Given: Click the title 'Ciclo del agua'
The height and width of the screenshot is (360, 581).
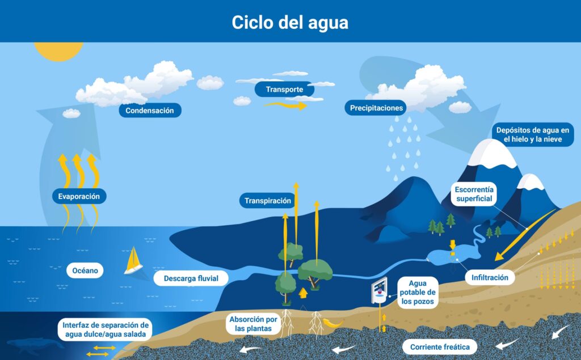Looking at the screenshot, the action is tap(290, 22).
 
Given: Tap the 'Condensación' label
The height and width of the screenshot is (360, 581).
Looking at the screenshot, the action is tap(150, 111).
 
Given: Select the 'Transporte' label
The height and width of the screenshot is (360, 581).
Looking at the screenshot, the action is tap(284, 89).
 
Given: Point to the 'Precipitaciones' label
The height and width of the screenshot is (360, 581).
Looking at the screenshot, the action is tap(376, 108).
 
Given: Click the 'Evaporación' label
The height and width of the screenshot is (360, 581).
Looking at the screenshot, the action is tap(79, 196).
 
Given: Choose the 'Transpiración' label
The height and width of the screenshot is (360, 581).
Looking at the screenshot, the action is tap(268, 201).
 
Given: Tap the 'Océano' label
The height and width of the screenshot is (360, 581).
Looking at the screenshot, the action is tap(85, 270).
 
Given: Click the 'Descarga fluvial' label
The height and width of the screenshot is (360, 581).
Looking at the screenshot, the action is tap(191, 278).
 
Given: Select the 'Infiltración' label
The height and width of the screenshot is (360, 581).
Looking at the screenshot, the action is tap(490, 277).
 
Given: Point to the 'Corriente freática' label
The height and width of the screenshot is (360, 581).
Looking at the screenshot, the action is tap(440, 347).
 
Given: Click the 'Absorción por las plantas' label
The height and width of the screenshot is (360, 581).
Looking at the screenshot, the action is tap(253, 324).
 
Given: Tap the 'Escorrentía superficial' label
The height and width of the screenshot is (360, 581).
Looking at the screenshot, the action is tap(474, 194).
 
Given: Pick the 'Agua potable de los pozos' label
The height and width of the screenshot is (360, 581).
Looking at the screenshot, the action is tap(417, 292).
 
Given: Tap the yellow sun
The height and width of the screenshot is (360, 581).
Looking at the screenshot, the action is tap(58, 51).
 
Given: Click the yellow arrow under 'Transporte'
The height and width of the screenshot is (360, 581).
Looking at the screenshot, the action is tap(285, 105).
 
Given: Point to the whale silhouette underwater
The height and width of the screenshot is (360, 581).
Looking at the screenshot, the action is tap(36, 345).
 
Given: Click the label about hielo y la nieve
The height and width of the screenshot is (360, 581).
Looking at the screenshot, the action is tap(532, 134).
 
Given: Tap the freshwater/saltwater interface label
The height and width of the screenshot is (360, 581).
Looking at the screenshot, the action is tap(105, 329).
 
